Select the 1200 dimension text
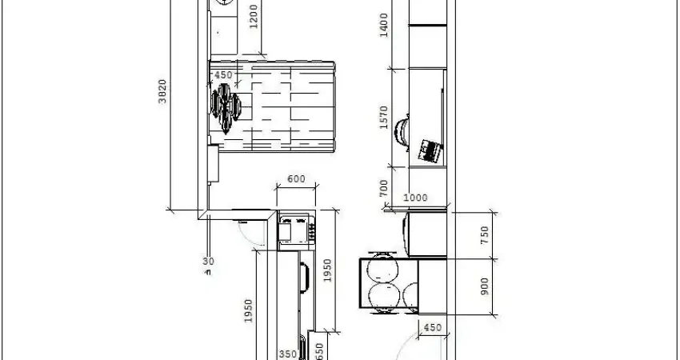(x=254, y=17)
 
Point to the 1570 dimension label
(x=383, y=117)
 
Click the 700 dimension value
(x=383, y=189)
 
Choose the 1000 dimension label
(x=415, y=198)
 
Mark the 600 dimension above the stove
(x=296, y=179)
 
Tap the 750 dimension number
(x=484, y=235)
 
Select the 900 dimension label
(x=484, y=286)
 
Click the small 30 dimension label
(x=208, y=261)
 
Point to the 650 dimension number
(x=319, y=350)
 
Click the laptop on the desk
(x=430, y=150)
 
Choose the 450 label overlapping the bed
(x=223, y=75)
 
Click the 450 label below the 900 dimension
(x=432, y=327)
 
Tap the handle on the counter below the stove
(x=306, y=278)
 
